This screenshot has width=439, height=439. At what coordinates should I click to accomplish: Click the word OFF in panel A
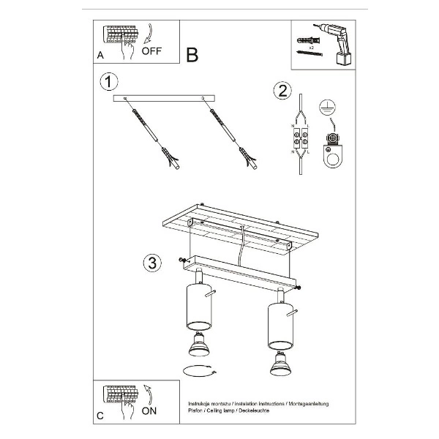point(151,51)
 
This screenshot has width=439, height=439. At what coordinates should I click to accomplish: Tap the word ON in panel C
point(149,411)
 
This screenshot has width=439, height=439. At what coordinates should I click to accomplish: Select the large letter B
point(192,54)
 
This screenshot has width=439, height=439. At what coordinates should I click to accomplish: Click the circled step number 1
point(109,81)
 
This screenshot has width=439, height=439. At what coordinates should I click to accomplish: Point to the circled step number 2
point(279,91)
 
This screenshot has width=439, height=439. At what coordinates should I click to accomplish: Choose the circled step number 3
point(151,263)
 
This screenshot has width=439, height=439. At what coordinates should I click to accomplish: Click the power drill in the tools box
point(335,40)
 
